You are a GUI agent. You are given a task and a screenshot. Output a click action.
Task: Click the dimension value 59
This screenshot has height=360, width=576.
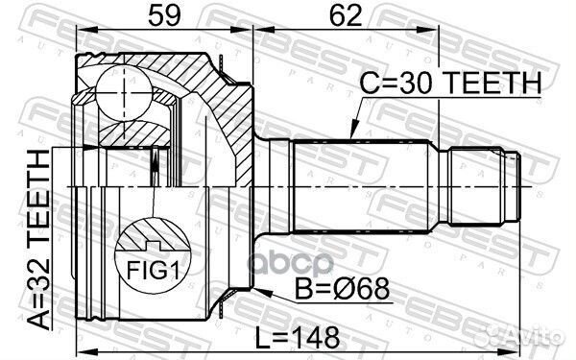click(164, 15)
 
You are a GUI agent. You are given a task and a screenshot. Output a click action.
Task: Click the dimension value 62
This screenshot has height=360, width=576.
click(346, 15)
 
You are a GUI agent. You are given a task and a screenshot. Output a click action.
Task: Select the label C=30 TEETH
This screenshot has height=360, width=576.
click(450, 83)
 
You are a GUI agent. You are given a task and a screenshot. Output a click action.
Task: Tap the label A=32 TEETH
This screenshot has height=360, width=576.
click(39, 239)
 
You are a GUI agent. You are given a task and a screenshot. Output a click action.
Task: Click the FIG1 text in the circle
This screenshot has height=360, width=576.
click(154, 271)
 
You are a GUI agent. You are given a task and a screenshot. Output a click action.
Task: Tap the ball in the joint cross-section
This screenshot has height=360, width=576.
click(124, 92)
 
